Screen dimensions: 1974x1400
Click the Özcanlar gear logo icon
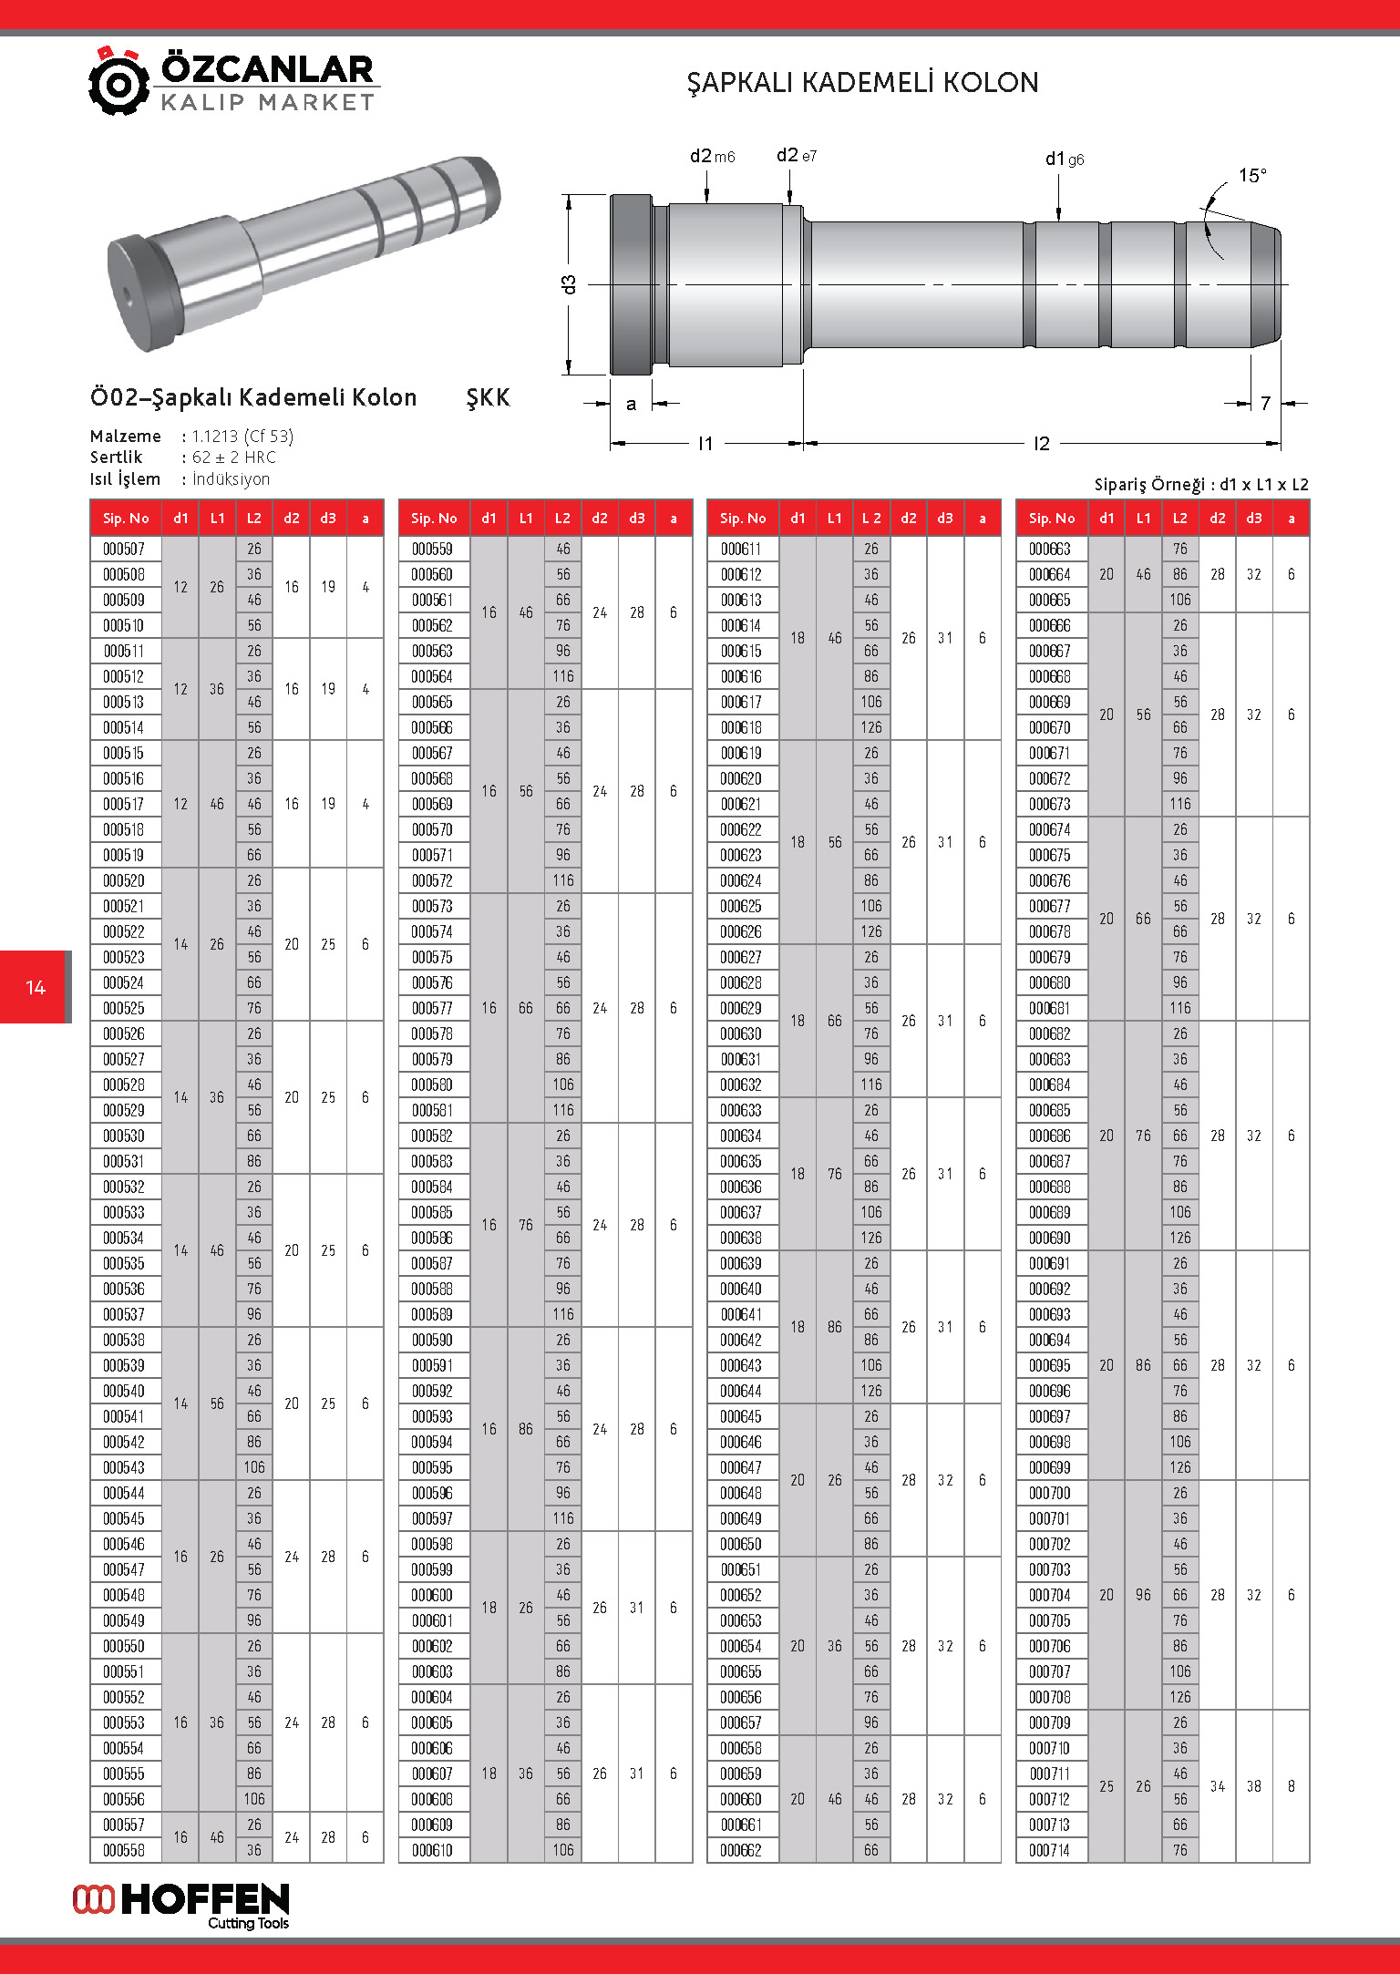(x=118, y=82)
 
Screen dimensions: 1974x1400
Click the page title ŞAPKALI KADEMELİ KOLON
(x=862, y=83)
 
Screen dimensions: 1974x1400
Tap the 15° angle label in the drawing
(x=1251, y=175)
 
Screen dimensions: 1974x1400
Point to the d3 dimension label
(x=570, y=284)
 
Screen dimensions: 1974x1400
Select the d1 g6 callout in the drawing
(x=1064, y=159)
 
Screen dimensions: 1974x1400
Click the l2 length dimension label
(x=1041, y=444)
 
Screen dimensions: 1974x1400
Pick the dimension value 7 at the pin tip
(x=1265, y=403)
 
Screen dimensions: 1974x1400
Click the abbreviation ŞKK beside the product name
(x=488, y=398)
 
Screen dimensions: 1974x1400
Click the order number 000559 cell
(x=434, y=549)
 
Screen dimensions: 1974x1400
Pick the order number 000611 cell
(x=742, y=549)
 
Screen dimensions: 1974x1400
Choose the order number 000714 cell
(x=1050, y=1850)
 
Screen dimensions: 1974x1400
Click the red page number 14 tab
(x=36, y=987)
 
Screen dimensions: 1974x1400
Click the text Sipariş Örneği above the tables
(x=1150, y=485)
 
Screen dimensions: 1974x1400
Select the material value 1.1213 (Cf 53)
(x=242, y=437)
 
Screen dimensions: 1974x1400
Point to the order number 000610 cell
(x=434, y=1850)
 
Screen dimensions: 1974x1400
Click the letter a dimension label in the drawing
(x=631, y=404)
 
